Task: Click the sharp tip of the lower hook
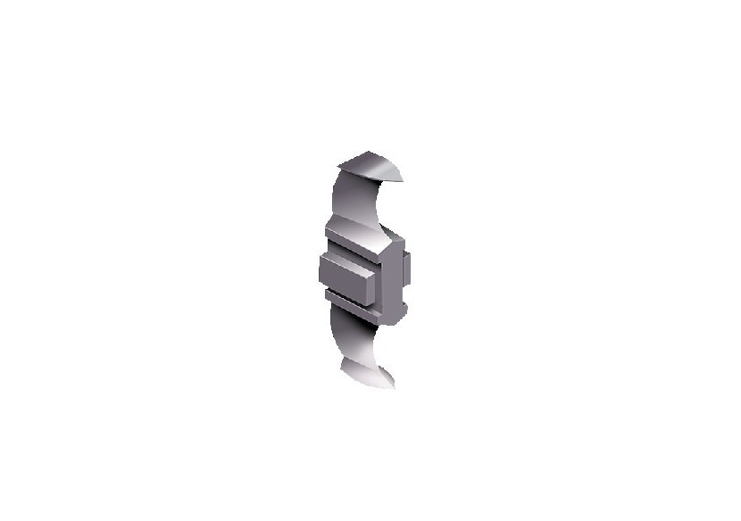pyautogui.click(x=392, y=388)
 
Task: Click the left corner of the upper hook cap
pyautogui.click(x=340, y=167)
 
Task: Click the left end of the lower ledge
pyautogui.click(x=327, y=292)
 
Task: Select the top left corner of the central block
pyautogui.click(x=320, y=254)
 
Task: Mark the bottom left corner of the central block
pyautogui.click(x=321, y=285)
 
